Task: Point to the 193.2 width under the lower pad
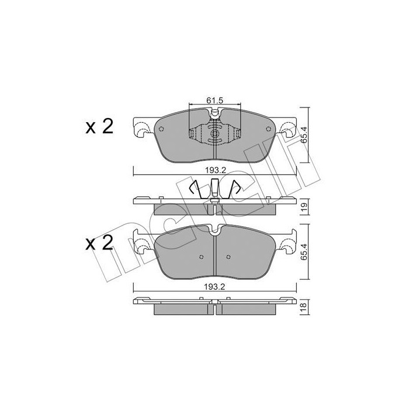[215, 287]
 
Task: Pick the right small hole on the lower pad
[228, 255]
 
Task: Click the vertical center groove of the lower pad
[215, 257]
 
